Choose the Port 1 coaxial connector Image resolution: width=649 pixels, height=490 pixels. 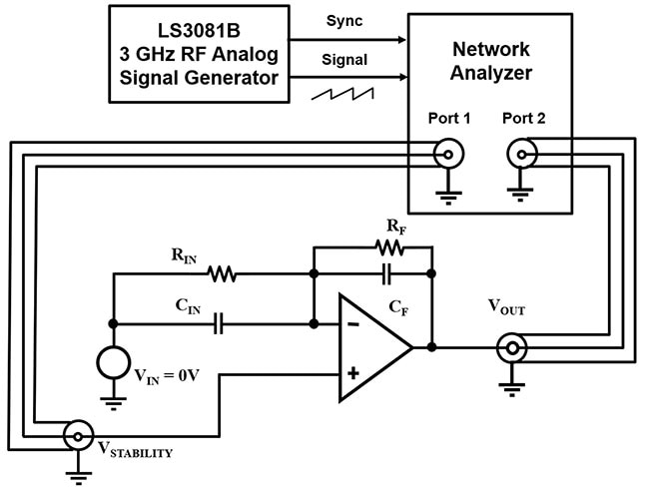[448, 153]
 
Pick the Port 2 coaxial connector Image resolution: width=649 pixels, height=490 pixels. [522, 153]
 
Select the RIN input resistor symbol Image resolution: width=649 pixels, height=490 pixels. [221, 273]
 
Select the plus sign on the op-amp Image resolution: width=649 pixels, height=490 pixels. [352, 373]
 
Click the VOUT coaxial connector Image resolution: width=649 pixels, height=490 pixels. [512, 348]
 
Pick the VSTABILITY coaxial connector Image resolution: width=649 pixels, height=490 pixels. [76, 435]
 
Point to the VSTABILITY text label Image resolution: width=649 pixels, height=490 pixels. [135, 450]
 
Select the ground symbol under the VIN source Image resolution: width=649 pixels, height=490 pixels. [112, 402]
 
